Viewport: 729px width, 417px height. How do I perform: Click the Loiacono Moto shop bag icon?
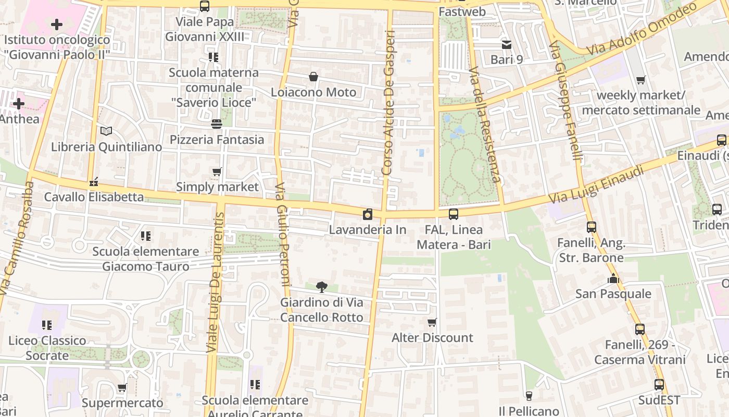(313, 77)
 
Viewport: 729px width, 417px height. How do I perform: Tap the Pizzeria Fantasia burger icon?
(217, 124)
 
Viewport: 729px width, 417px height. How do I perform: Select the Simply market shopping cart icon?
(217, 171)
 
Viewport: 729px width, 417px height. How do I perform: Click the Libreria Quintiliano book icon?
(106, 131)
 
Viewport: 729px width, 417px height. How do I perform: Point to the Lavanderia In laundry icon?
(368, 214)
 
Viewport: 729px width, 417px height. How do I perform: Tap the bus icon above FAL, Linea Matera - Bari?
(454, 214)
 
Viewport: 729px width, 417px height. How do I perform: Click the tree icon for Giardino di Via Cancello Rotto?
(322, 286)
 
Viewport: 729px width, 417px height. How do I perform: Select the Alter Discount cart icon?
(432, 322)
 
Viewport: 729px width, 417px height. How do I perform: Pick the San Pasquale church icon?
(613, 278)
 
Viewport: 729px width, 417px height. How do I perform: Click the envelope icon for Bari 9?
(507, 44)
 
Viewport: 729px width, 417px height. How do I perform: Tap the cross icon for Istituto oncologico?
(57, 24)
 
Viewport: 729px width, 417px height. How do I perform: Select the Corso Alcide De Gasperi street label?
(389, 102)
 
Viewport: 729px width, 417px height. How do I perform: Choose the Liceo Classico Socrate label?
(47, 348)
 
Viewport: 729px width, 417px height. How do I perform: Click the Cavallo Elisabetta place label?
(94, 197)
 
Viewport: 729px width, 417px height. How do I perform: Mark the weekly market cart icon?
(640, 80)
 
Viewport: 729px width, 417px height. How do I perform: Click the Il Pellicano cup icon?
(529, 396)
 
